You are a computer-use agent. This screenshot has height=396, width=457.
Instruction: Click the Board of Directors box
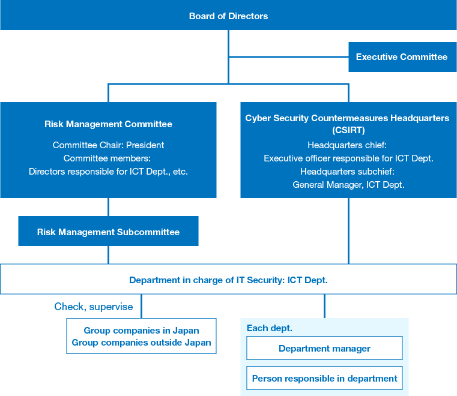click(228, 16)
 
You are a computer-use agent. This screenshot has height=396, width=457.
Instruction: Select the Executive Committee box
click(402, 57)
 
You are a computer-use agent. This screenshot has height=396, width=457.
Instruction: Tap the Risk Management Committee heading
click(108, 124)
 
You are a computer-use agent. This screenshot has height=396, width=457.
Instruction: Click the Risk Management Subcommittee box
click(108, 232)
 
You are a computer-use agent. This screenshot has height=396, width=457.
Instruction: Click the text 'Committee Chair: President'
click(108, 145)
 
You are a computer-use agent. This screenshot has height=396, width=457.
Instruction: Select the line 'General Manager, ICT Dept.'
click(348, 185)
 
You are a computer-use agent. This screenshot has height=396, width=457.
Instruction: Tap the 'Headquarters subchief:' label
click(348, 172)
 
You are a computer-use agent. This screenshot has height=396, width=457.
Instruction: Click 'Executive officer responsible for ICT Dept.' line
click(348, 158)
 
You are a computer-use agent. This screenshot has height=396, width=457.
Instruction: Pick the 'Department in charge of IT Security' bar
click(228, 280)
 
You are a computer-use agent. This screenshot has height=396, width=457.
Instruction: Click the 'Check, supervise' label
click(94, 307)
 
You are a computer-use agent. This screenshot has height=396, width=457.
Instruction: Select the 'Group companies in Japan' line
click(141, 331)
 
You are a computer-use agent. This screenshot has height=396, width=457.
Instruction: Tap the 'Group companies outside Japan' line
click(141, 343)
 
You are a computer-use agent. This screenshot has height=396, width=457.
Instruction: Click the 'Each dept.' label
click(270, 328)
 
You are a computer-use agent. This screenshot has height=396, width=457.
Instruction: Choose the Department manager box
click(324, 349)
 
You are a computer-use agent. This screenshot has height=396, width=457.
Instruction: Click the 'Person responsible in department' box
click(324, 379)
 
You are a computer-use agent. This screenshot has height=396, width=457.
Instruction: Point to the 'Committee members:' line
click(108, 158)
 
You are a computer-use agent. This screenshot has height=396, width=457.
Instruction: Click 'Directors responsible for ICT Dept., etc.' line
click(108, 171)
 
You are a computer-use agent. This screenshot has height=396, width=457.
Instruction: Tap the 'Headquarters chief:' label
click(348, 145)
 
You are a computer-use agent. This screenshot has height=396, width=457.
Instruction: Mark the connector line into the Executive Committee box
click(288, 57)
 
